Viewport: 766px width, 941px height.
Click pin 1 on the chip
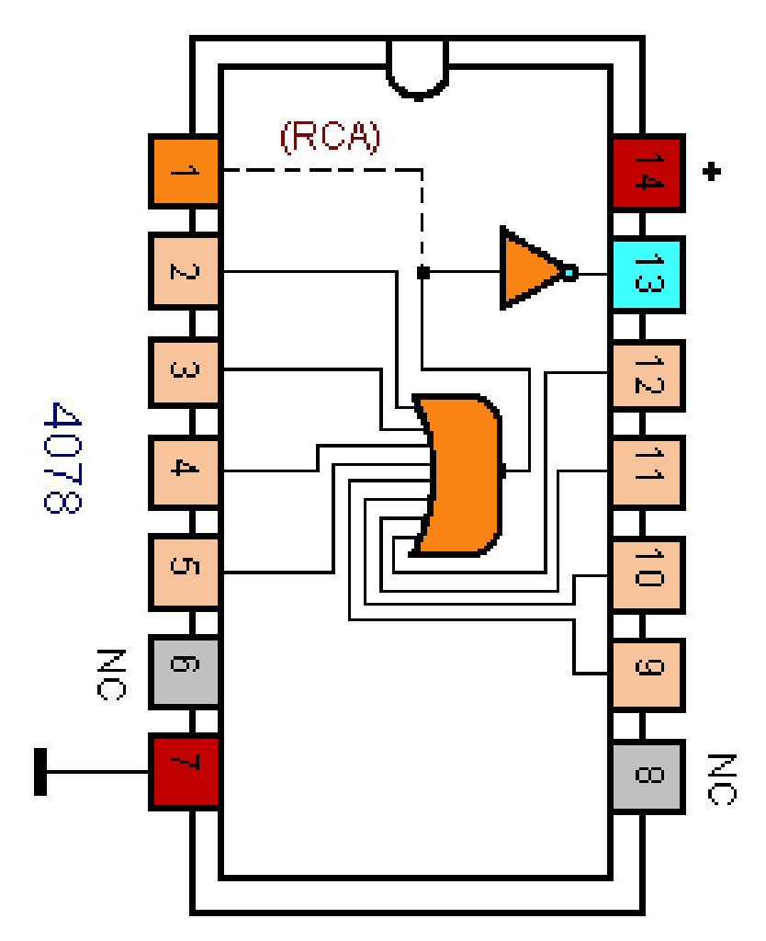[x=184, y=171]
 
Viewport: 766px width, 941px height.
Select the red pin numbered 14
[x=647, y=171]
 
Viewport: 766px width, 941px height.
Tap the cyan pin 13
[x=647, y=272]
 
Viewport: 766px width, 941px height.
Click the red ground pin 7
[x=184, y=770]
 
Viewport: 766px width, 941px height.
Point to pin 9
[x=647, y=674]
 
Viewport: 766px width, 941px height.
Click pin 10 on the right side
[x=647, y=575]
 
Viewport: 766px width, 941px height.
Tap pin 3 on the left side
[x=184, y=371]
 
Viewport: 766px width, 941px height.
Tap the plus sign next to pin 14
[x=709, y=171]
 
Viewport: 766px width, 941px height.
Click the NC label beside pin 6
[x=109, y=673]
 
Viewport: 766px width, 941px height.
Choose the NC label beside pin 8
[x=723, y=779]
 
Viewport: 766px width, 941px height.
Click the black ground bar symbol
[x=40, y=771]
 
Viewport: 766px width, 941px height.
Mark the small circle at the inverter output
[x=570, y=272]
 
